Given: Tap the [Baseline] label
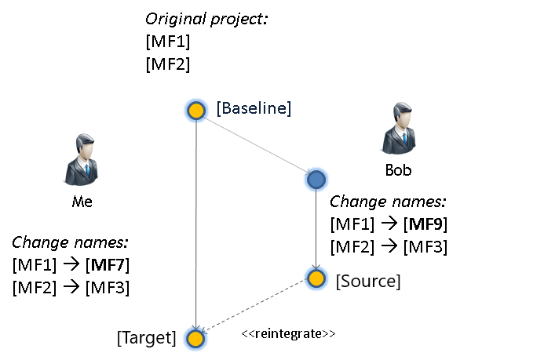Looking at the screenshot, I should point(254,109).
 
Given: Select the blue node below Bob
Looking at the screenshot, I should point(316,180).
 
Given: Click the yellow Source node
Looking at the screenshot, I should point(316,278).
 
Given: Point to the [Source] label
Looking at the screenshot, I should point(367,280).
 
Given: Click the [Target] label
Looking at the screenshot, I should point(146,338).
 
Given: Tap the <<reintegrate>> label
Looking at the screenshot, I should point(288,333).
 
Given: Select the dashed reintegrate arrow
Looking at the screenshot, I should point(255,307).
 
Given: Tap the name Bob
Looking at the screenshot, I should point(398,169).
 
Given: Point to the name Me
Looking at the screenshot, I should point(82,202).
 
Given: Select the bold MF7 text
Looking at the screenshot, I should point(108,265).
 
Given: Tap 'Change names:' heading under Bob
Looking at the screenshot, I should point(388,202).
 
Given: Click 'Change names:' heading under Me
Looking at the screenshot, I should point(70,242).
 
